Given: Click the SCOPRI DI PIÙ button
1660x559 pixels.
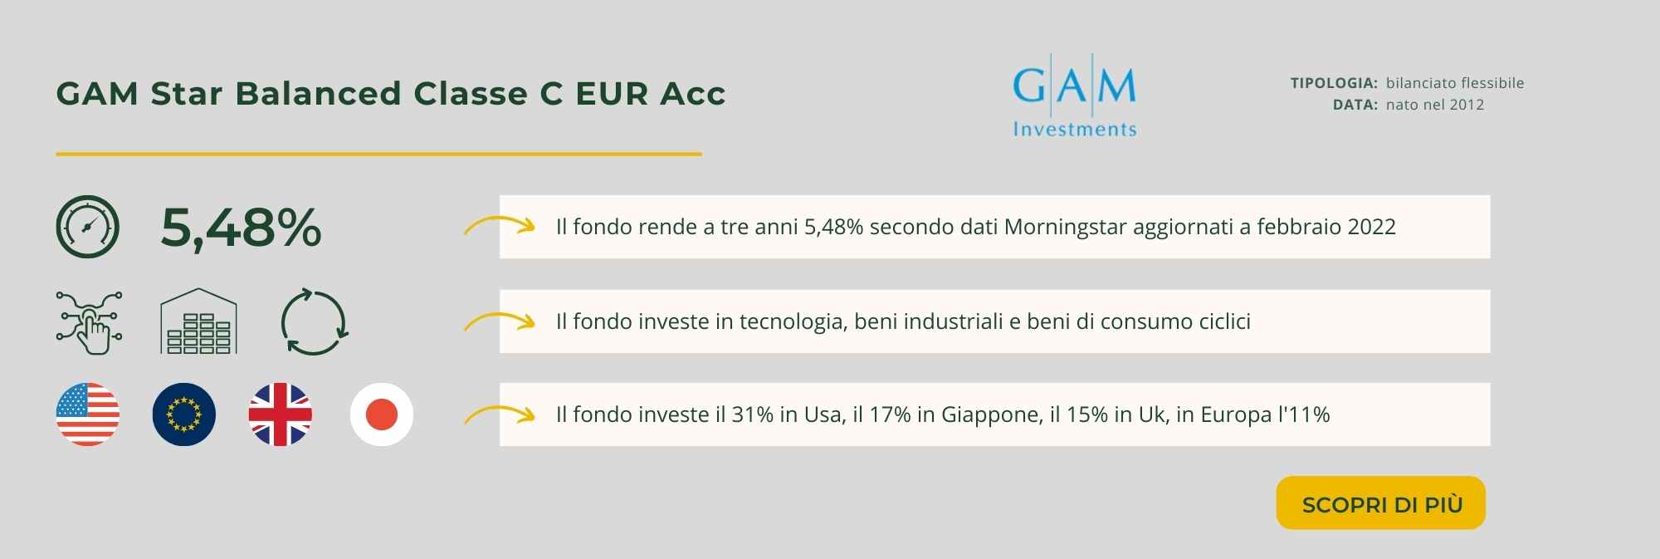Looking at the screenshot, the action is click(x=1380, y=503).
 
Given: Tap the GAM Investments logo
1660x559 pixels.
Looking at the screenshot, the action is click(x=1074, y=95).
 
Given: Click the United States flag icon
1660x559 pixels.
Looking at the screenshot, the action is click(x=87, y=414).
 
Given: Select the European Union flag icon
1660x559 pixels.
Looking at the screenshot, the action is click(x=184, y=414).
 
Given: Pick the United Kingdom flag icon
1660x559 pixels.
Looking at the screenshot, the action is click(x=281, y=414).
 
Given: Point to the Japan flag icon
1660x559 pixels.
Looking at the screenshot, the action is click(x=382, y=414).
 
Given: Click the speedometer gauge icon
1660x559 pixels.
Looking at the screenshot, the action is click(x=87, y=227).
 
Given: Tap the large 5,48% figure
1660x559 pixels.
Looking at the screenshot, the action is click(x=241, y=228).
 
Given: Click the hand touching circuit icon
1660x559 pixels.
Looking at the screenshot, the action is click(x=89, y=322).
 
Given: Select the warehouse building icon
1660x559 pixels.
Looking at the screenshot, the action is click(x=198, y=321).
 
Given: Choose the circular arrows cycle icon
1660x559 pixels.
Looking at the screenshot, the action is click(x=314, y=322).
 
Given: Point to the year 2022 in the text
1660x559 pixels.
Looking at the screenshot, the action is click(x=1372, y=227).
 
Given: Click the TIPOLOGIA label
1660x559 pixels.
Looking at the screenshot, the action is click(x=1334, y=83).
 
